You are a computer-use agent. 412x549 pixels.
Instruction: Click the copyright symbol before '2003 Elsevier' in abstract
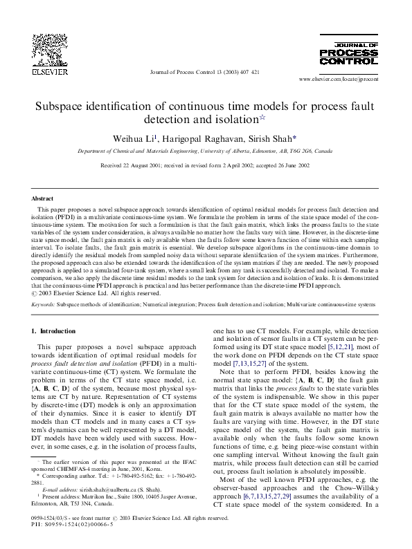click(x=34, y=293)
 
